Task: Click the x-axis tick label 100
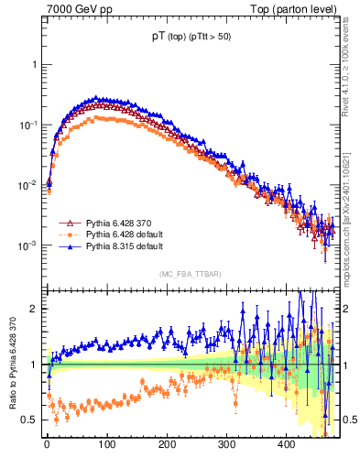tap(107, 444)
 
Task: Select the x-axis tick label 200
tap(167, 444)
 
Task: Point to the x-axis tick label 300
tap(226, 444)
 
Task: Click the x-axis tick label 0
tap(47, 444)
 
